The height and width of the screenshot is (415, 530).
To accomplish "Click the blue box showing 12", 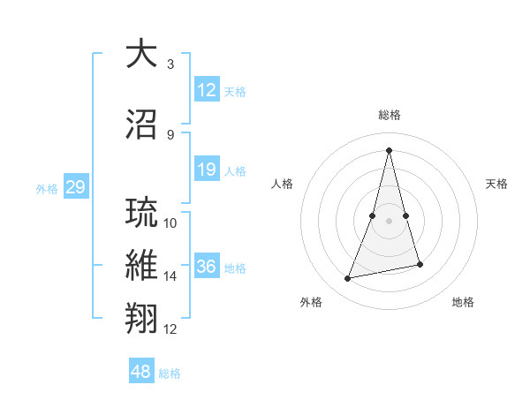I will (x=207, y=90).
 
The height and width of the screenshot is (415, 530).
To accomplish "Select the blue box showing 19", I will (x=207, y=170).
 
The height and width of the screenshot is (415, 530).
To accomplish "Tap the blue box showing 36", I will (x=207, y=268).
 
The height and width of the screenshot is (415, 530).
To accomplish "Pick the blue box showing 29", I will (x=75, y=187).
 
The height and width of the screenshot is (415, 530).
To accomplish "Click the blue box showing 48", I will (x=140, y=372).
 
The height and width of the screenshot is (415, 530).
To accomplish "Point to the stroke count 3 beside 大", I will (x=170, y=64).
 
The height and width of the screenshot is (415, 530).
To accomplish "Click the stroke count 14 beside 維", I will (x=170, y=276).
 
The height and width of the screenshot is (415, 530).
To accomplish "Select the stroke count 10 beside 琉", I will (x=170, y=223).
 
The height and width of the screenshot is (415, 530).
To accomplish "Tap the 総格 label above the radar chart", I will (x=390, y=115).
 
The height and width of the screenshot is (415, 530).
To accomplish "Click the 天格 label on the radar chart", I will (x=497, y=184).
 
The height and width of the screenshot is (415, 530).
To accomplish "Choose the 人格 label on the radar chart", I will (x=283, y=184).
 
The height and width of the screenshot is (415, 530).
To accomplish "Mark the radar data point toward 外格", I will (x=348, y=278).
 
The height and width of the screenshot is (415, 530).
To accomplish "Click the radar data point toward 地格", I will (x=420, y=265).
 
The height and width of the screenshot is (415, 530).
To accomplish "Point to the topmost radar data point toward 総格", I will (x=389, y=149).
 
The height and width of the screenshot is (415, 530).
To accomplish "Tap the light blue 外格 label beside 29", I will (x=47, y=188).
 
